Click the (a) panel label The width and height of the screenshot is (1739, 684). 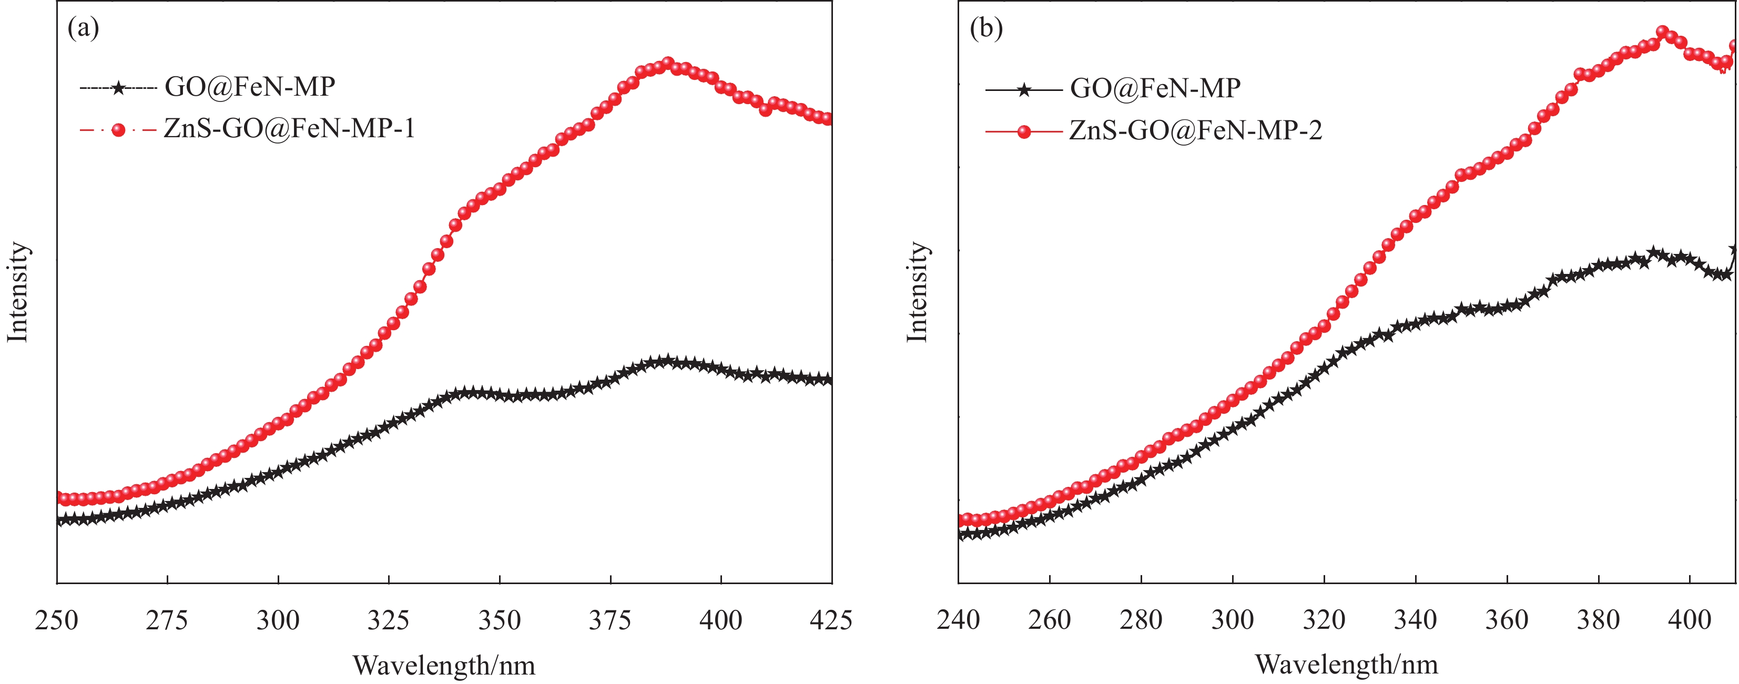[x=84, y=28]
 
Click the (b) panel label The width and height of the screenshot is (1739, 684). [x=987, y=28]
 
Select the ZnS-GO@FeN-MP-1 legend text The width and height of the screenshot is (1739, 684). [x=289, y=128]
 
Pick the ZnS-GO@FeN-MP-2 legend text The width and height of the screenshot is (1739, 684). [x=1196, y=130]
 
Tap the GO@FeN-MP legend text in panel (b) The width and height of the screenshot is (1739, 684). [x=1155, y=88]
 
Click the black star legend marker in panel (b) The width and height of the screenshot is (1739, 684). [x=1024, y=89]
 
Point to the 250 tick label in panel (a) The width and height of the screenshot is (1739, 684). [x=57, y=619]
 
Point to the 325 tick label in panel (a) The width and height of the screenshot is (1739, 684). [x=389, y=619]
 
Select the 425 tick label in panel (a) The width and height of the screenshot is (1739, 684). [x=830, y=619]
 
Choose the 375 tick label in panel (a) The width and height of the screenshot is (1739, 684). [x=611, y=619]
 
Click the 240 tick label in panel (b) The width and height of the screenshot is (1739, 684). [x=958, y=619]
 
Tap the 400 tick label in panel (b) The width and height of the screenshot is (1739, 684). [x=1689, y=619]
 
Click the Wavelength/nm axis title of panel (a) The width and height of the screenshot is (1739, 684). [x=444, y=666]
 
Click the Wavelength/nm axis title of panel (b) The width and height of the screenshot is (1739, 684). [x=1347, y=665]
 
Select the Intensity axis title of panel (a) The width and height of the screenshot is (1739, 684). [x=18, y=292]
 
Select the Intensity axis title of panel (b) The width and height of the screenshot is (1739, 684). [x=918, y=292]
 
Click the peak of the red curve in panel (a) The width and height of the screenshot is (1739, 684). [x=668, y=64]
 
